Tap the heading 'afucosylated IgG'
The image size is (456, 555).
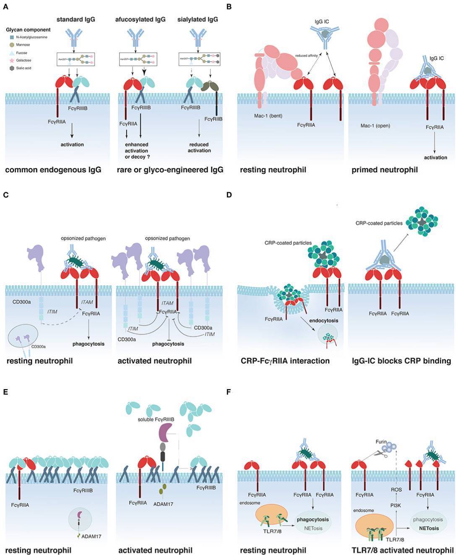click(x=140, y=19)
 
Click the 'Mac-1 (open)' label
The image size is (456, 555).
click(x=375, y=126)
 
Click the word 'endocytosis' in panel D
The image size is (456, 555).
click(x=323, y=320)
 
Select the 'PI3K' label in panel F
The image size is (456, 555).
click(x=396, y=505)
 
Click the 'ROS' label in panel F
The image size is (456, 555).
click(x=396, y=489)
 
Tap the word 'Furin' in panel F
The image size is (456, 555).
click(x=381, y=442)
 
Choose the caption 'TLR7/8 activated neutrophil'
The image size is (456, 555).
click(x=403, y=550)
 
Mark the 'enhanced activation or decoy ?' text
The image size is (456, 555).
click(x=137, y=151)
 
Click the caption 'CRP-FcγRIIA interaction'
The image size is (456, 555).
click(x=285, y=361)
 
